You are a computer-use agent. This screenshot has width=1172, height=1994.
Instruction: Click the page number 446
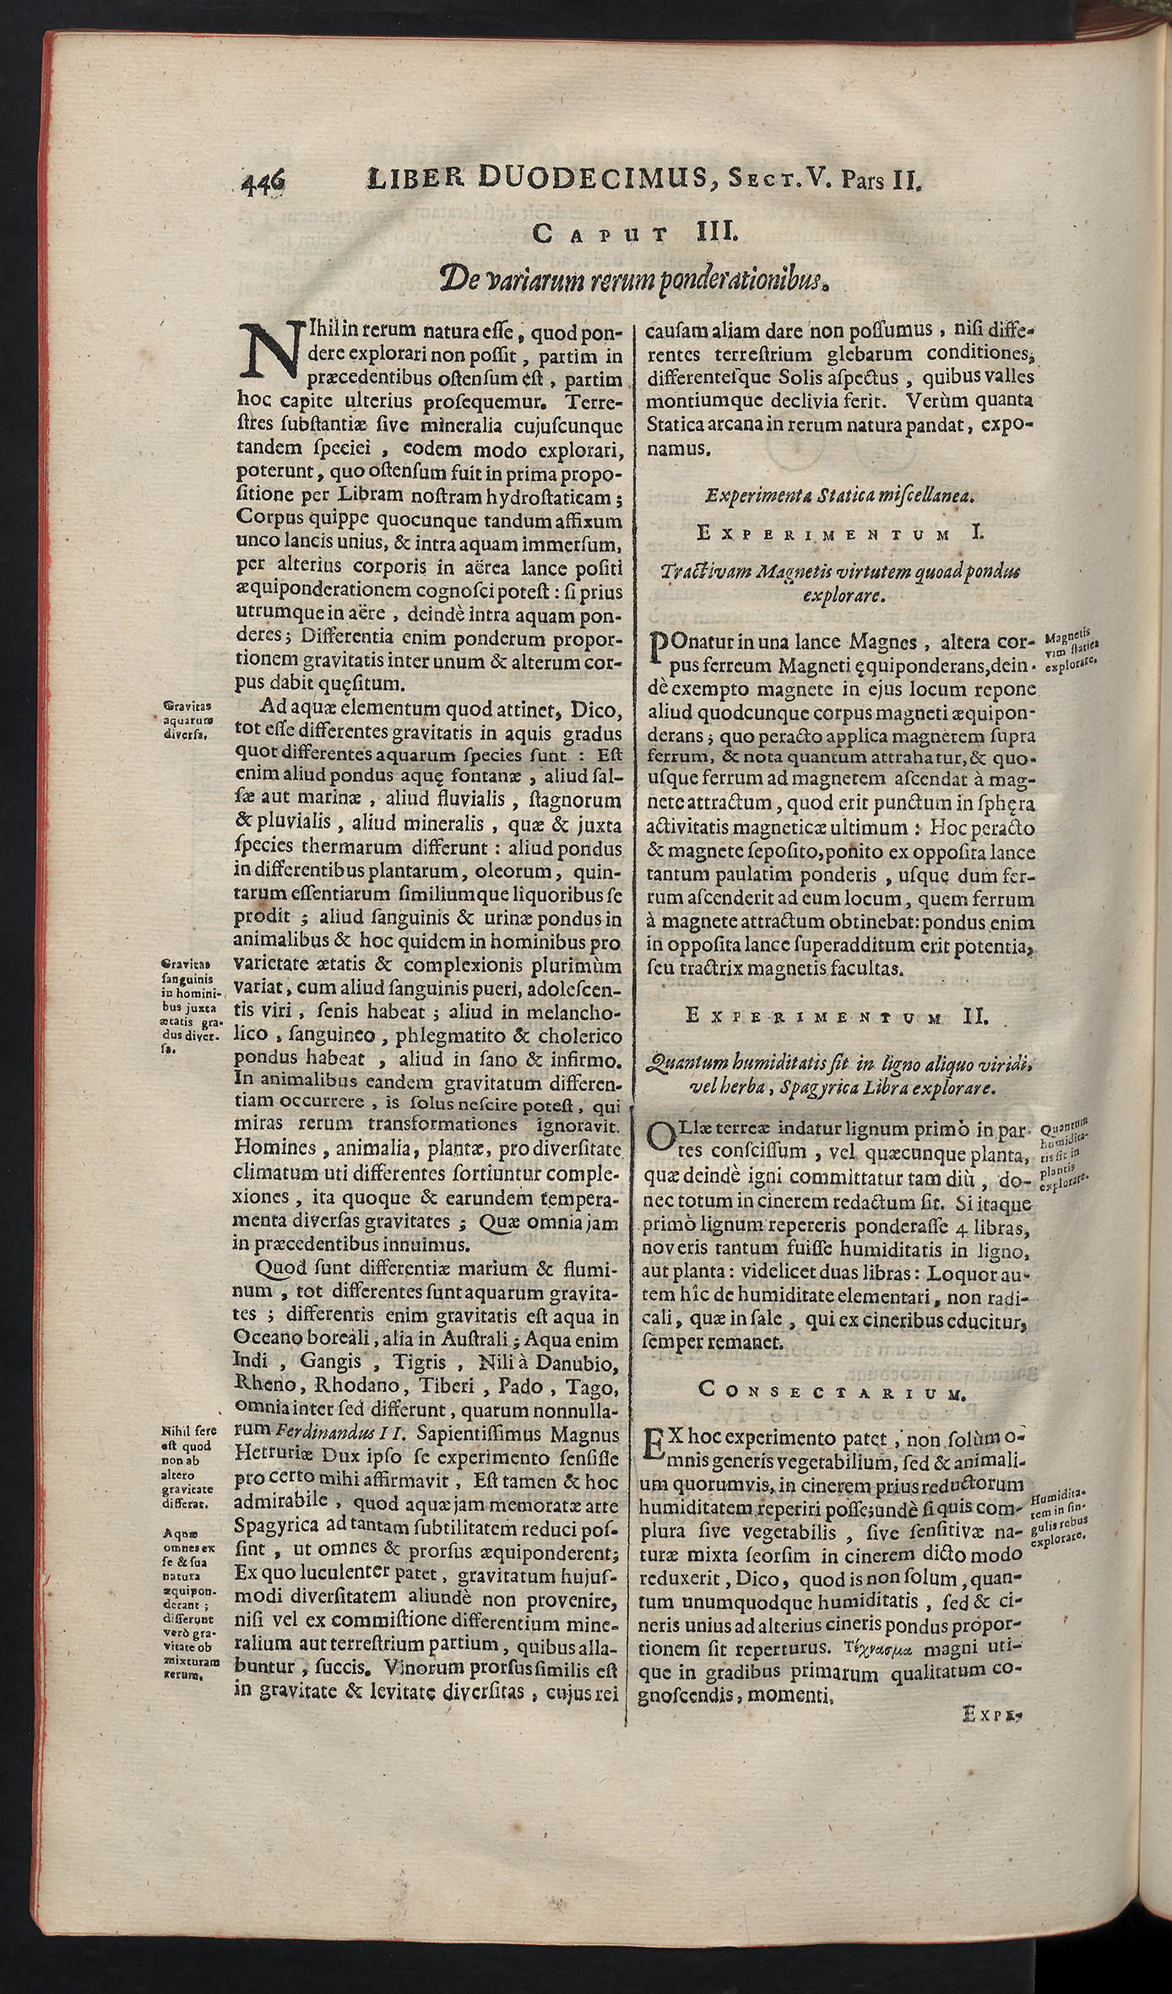point(264,182)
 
